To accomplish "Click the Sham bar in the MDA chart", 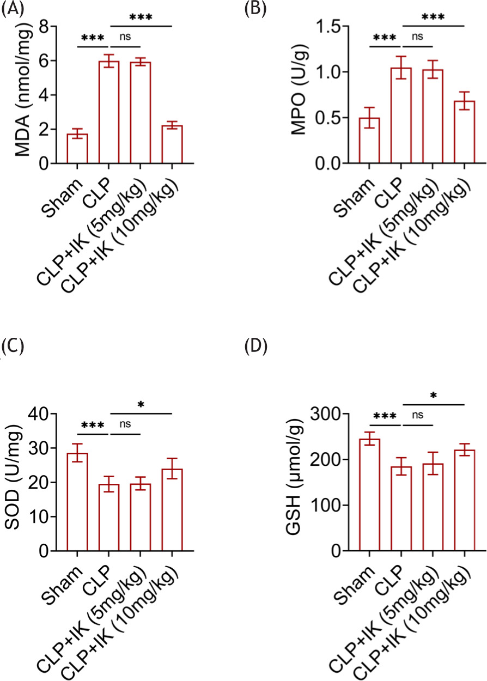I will click(77, 148).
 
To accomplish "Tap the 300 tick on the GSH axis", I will click(330, 414).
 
